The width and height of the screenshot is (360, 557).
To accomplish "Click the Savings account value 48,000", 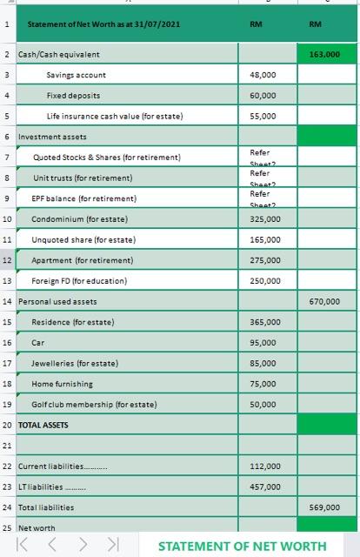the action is click(x=262, y=76).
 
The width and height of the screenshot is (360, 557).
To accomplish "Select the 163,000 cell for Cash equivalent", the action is click(x=324, y=55).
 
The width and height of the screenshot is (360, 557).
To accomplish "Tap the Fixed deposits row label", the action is click(x=73, y=95).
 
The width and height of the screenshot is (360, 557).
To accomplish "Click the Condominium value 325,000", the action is click(x=262, y=219).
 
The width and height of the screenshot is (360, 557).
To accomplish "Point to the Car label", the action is click(x=38, y=343).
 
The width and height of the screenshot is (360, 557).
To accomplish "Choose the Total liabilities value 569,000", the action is click(x=324, y=507).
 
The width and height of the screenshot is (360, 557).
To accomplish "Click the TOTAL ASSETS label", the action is click(x=43, y=425).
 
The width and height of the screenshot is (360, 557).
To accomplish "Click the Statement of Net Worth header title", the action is click(x=103, y=25).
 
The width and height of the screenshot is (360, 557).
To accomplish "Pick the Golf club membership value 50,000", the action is click(x=262, y=405).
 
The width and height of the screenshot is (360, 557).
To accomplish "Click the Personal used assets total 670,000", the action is click(x=324, y=302).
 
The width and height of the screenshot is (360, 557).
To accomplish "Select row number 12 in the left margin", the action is click(x=7, y=260).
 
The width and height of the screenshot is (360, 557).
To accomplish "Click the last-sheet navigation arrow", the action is click(x=112, y=546).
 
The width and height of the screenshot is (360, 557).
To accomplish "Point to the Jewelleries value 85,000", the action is click(x=262, y=363).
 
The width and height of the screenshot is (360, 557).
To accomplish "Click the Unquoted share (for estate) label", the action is click(x=83, y=239).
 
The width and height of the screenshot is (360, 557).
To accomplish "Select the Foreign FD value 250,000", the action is click(x=262, y=281).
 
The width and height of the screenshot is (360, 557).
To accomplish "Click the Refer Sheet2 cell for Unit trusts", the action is click(x=262, y=178).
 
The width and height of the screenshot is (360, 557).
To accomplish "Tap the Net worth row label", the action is click(x=37, y=527).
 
